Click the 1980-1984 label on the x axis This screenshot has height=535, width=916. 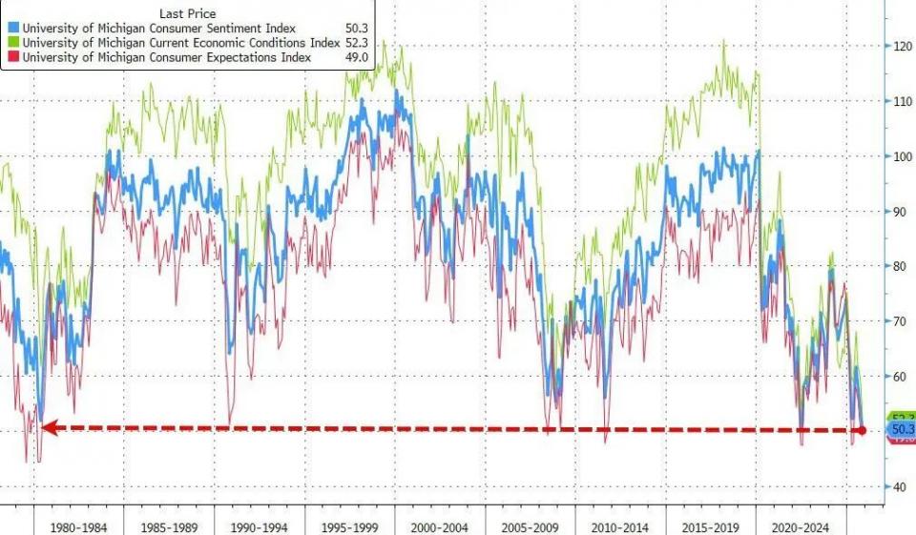point(79,527)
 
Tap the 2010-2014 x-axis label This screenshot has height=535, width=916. point(621,527)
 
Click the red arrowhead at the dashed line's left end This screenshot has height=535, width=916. point(48,428)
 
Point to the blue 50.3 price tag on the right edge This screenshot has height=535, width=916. point(902,430)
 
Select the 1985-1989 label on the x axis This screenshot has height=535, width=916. point(170,527)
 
